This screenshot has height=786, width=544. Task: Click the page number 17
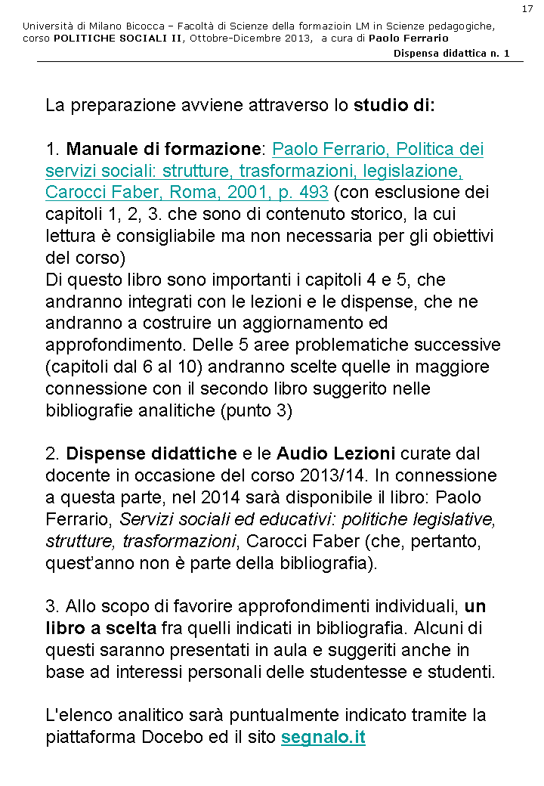(527, 8)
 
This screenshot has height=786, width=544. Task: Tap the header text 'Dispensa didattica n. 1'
(451, 53)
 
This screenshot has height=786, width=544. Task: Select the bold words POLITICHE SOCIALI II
(117, 38)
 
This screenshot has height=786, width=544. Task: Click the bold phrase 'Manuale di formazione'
(163, 149)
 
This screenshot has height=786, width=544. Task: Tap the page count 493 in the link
(313, 192)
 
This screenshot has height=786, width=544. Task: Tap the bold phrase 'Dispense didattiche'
(151, 454)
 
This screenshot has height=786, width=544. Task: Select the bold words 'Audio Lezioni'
(335, 454)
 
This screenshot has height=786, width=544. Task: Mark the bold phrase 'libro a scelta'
(100, 629)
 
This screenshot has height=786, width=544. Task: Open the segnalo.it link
(323, 738)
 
